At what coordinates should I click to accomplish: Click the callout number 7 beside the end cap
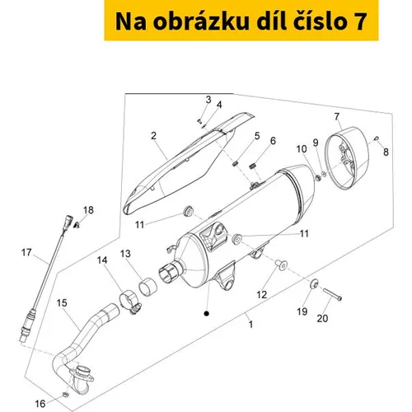tap(337, 117)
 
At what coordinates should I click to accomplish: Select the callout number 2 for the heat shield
tap(153, 136)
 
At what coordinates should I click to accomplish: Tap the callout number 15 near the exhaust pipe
tap(62, 303)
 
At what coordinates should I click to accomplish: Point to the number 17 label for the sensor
tap(26, 253)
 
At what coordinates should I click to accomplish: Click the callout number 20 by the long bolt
tap(322, 319)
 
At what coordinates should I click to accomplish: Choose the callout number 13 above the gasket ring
tap(125, 254)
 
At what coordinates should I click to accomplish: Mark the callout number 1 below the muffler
tap(250, 325)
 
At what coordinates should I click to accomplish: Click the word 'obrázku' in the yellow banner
tap(201, 21)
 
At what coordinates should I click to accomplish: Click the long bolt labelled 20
tap(332, 294)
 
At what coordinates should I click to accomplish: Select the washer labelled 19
tap(314, 283)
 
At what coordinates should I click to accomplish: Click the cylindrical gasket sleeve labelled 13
tap(147, 288)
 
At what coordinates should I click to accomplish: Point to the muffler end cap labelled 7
tap(347, 158)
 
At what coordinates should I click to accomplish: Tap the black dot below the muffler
tap(206, 313)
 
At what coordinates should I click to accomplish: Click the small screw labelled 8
tap(377, 138)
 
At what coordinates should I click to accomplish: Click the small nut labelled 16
tap(65, 395)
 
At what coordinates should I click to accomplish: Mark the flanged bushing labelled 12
tap(282, 265)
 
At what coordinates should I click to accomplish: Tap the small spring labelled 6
tap(254, 166)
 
